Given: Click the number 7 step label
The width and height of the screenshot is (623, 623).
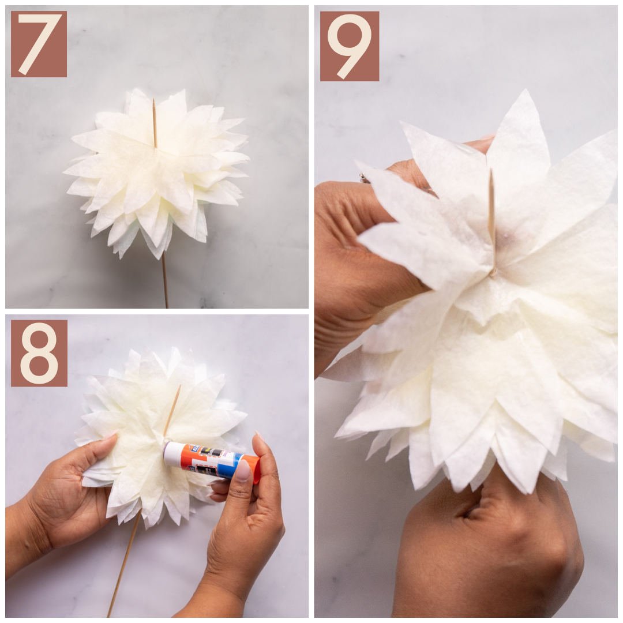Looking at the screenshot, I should (x=39, y=44).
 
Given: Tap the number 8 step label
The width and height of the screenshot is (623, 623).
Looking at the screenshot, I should (x=39, y=353).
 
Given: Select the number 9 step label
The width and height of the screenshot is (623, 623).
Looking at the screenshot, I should (x=349, y=46).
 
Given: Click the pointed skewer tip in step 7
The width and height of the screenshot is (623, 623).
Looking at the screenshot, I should (x=154, y=102).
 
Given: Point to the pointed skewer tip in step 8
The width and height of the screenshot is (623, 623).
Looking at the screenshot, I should (x=179, y=387).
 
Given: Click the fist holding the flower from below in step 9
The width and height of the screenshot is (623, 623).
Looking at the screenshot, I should (x=490, y=554).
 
